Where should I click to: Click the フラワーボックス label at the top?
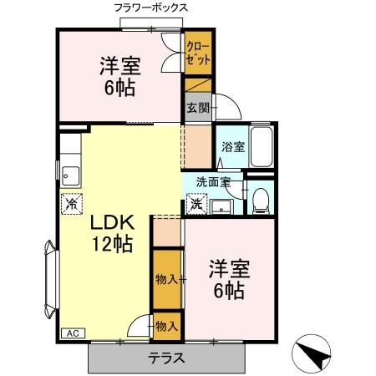150,7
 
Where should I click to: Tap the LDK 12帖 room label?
106,233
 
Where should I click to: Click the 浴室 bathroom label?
232,147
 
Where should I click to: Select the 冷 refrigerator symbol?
72,203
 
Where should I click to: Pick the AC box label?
72,333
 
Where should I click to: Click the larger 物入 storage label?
166,278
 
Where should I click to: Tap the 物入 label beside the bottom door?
166,326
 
